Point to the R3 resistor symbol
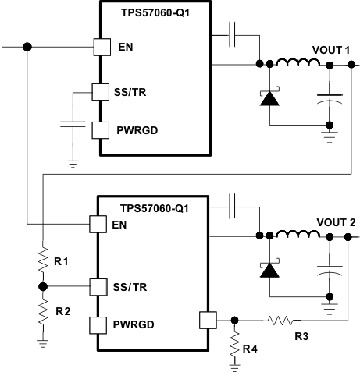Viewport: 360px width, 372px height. (279, 318)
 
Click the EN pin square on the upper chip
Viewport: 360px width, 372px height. (101, 47)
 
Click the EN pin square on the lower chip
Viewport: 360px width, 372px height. (98, 225)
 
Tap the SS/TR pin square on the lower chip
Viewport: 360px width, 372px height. (98, 286)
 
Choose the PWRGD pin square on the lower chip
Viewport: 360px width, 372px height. (98, 324)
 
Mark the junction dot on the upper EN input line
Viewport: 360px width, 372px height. (27, 47)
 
